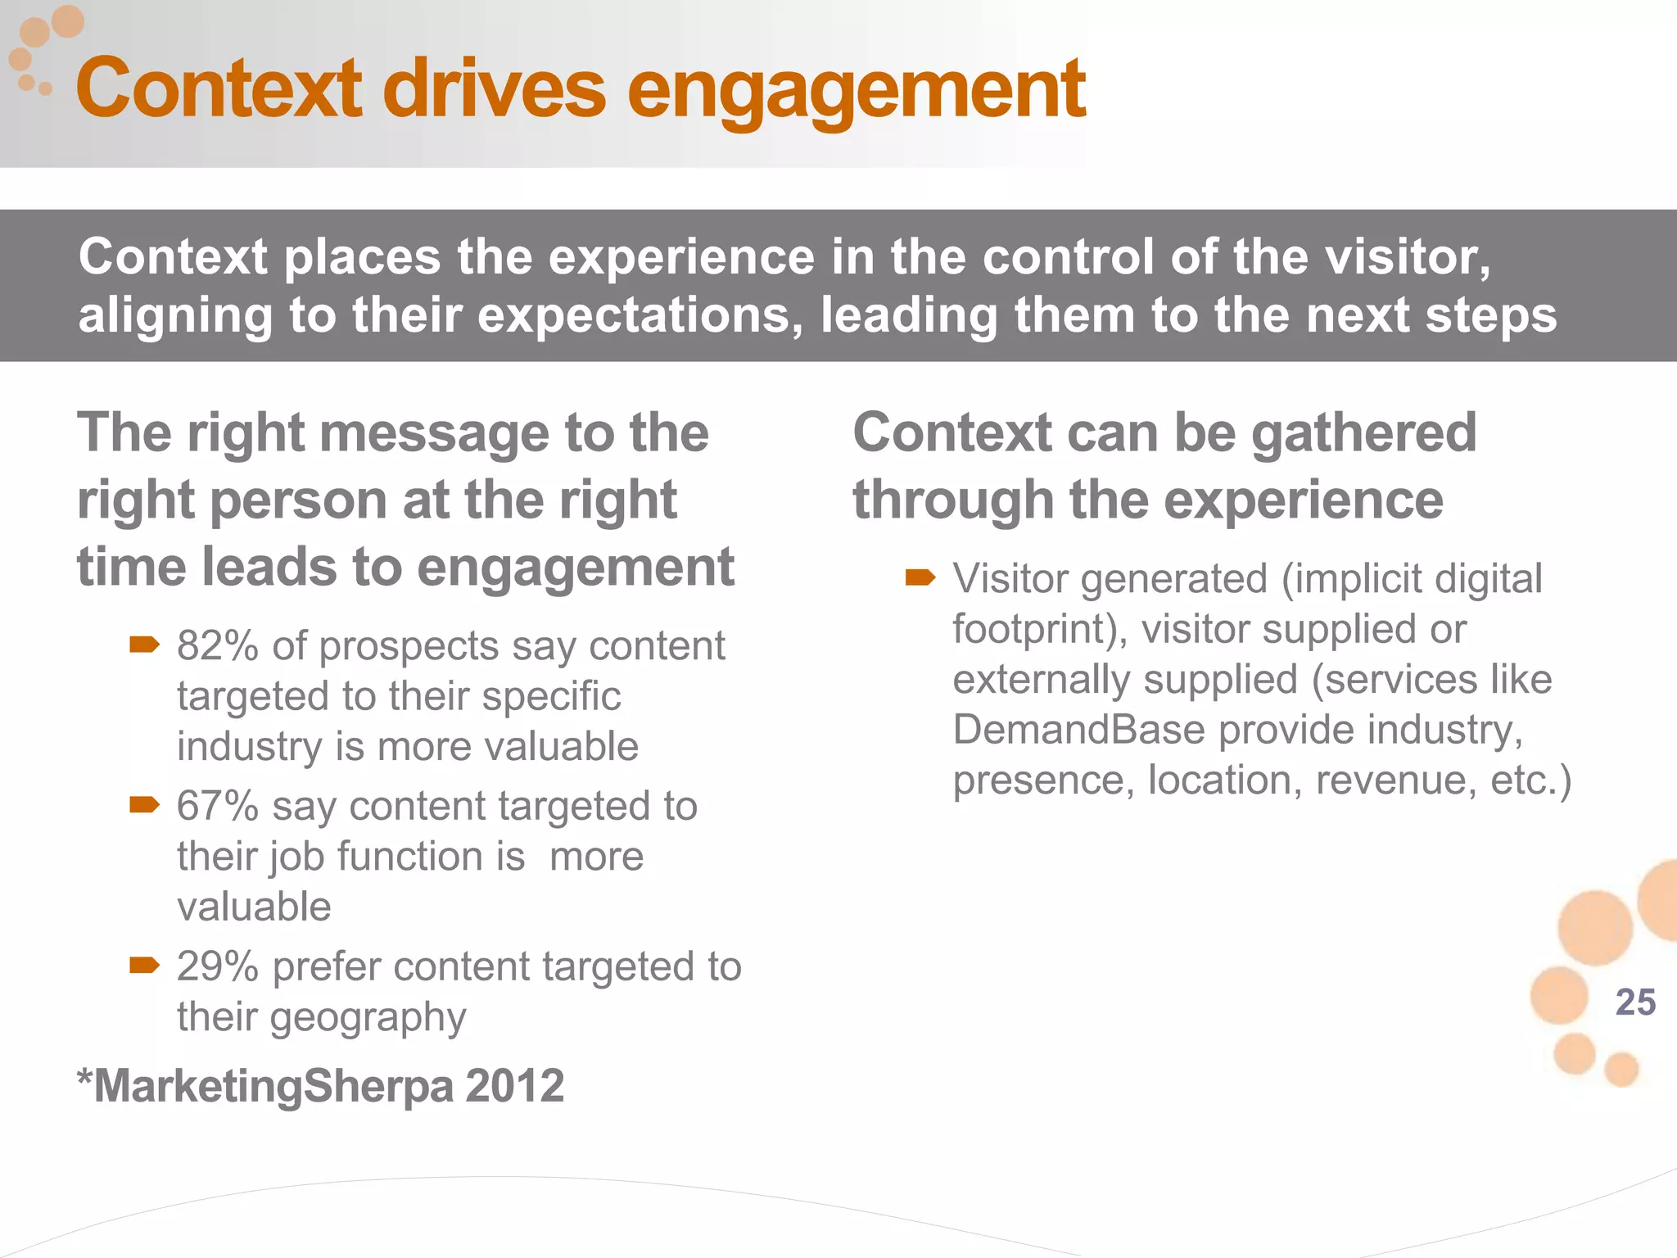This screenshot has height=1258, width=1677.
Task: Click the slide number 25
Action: (1634, 1002)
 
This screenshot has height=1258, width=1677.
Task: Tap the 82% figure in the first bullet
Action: (218, 646)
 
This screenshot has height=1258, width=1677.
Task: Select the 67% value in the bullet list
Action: (218, 806)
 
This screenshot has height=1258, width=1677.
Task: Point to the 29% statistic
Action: (218, 966)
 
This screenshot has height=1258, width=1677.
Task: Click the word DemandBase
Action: (1078, 730)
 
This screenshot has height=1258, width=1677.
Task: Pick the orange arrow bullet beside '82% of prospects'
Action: (144, 645)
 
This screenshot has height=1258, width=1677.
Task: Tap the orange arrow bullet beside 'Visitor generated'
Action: (920, 578)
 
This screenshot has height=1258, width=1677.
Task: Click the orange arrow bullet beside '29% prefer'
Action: (144, 966)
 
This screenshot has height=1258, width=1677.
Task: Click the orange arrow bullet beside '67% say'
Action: (144, 805)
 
